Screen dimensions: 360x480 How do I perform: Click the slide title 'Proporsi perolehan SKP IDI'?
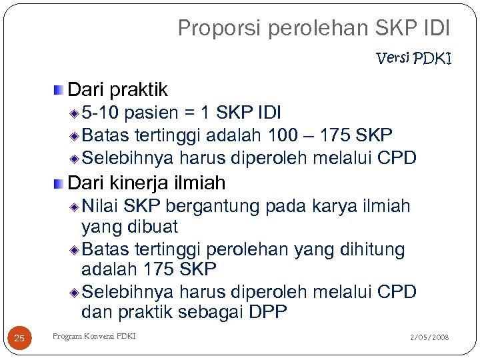tap(314, 28)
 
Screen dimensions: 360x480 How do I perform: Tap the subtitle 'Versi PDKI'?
tap(414, 59)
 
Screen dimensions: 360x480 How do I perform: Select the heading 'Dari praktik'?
tap(118, 89)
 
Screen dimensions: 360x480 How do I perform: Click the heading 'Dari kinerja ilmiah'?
tap(147, 182)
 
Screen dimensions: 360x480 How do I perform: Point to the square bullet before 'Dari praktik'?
tap(60, 89)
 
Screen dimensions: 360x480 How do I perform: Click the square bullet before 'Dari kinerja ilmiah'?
tap(60, 183)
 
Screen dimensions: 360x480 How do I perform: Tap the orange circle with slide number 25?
tap(19, 339)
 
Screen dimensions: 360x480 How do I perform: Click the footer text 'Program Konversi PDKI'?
tap(94, 337)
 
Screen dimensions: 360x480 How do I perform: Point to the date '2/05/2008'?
tap(430, 338)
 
